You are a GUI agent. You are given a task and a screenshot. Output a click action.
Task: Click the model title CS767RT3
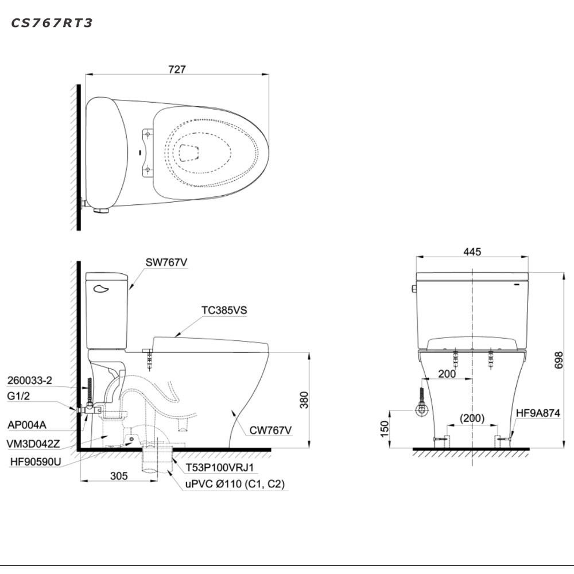[x=52, y=23]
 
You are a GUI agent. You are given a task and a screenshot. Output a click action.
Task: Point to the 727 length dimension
[x=177, y=69]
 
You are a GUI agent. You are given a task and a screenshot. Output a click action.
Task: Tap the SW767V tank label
[x=166, y=262]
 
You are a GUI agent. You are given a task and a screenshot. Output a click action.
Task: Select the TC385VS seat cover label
[x=224, y=310]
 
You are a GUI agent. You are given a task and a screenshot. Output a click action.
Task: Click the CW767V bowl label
[x=270, y=430]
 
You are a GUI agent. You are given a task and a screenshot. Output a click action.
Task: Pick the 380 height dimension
[x=304, y=400]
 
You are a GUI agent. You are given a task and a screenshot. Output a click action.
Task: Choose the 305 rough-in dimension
[x=119, y=475]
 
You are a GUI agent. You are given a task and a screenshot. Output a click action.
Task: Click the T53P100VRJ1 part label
[x=219, y=467]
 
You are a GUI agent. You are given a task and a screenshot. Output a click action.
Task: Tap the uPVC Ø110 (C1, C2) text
[x=235, y=484]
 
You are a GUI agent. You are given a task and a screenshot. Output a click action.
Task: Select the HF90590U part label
[x=36, y=462]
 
